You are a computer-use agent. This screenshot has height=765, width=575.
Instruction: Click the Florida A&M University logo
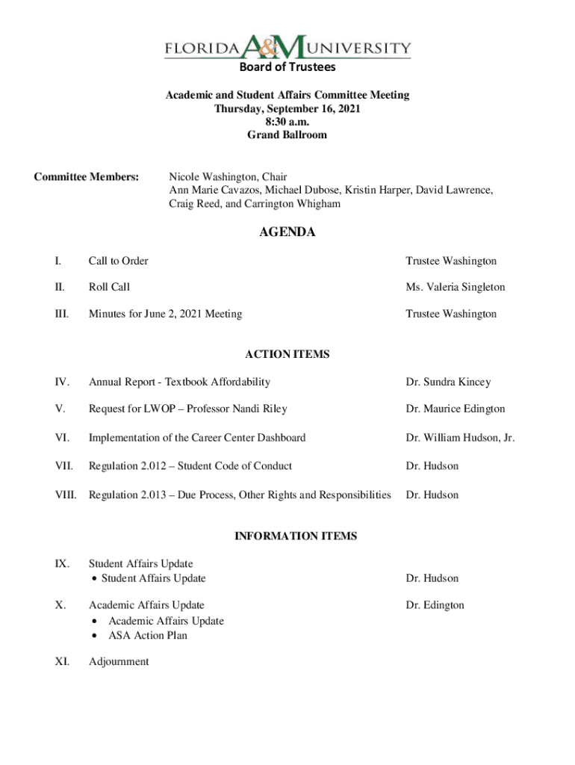click(x=287, y=49)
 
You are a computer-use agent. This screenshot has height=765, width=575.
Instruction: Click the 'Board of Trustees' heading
click(x=287, y=67)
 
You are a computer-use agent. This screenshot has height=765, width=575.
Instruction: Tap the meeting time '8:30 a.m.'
click(x=287, y=122)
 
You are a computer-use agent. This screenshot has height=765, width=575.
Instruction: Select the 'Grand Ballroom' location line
click(x=287, y=135)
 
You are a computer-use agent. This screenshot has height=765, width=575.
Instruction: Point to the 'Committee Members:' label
click(x=87, y=177)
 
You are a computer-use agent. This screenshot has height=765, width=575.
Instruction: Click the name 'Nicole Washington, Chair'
click(x=228, y=177)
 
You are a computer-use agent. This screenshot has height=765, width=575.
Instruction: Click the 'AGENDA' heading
click(x=287, y=232)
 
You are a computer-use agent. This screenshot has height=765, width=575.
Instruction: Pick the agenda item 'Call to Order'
click(x=118, y=261)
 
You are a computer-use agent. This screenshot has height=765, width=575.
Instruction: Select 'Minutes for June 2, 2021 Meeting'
click(x=165, y=314)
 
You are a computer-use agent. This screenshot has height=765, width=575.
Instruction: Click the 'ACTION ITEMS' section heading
click(x=287, y=354)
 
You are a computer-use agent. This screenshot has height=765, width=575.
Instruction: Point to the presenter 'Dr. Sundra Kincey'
click(x=448, y=382)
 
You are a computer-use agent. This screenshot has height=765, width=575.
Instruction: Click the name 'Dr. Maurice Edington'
click(x=455, y=409)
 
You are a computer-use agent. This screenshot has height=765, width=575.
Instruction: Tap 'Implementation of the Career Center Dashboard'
click(x=197, y=438)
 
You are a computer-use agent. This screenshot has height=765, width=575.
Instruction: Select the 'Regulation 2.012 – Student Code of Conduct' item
click(x=190, y=465)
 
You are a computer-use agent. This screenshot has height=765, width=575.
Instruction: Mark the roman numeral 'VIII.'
click(x=66, y=495)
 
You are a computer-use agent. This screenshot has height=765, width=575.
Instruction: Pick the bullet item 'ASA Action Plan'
click(x=148, y=635)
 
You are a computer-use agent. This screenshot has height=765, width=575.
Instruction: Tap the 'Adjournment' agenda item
click(x=119, y=661)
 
